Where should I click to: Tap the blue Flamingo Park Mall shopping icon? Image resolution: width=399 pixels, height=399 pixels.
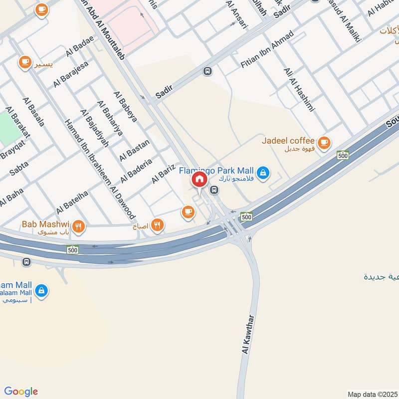tap(264, 173)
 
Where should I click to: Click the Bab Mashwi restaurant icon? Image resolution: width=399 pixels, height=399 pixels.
tap(78, 227)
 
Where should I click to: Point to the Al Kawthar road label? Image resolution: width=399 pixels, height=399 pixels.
tap(248, 334)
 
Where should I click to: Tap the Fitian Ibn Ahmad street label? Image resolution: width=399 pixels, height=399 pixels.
tap(267, 50)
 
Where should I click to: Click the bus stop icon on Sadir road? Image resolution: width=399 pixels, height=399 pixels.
tap(207, 71)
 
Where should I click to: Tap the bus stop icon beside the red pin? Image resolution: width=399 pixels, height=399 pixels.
tap(214, 190)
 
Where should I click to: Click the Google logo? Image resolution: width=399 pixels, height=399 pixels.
tap(21, 392)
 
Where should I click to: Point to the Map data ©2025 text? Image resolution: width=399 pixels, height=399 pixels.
tap(372, 394)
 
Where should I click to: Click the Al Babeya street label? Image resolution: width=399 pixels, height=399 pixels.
tap(125, 106)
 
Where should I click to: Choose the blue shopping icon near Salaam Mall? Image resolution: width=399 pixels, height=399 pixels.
tap(41, 291)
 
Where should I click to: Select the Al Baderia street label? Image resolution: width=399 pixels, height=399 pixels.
tap(135, 171)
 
